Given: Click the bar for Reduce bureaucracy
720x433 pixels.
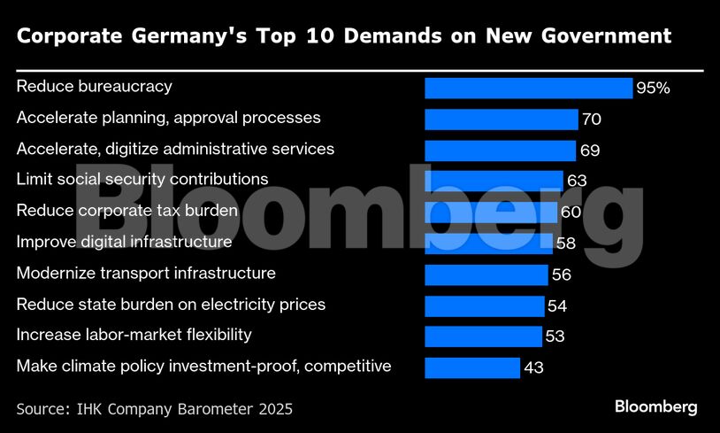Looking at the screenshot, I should tap(528, 88).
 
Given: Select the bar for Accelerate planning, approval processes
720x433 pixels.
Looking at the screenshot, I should tap(501, 119).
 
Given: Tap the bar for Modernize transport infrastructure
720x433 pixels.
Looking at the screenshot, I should tap(486, 274).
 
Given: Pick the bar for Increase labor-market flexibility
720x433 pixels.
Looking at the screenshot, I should tap(483, 336).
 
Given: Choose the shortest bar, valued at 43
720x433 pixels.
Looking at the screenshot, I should tap(471, 367).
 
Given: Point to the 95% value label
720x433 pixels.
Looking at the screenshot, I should tap(654, 89).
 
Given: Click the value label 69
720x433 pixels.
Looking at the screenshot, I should tap(590, 151).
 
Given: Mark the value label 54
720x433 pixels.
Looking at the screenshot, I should tap(557, 306).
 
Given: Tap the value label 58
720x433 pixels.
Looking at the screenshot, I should tap(565, 244).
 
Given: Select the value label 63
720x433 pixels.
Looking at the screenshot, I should tap(577, 182).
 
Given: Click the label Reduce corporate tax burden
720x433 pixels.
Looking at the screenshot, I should tap(127, 211).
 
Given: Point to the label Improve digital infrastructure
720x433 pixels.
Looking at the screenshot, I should tap(125, 242).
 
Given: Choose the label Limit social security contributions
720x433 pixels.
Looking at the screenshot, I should tap(142, 180).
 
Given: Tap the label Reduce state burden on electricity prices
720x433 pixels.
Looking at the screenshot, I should tap(171, 304).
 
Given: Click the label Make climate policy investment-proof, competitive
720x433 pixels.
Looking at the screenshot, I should tap(203, 366).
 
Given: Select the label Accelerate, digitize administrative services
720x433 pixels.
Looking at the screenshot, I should tap(175, 149).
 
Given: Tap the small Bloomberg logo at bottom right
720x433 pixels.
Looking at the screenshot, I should tap(655, 407).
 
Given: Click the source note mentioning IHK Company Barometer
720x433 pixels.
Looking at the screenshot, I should tap(154, 409).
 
